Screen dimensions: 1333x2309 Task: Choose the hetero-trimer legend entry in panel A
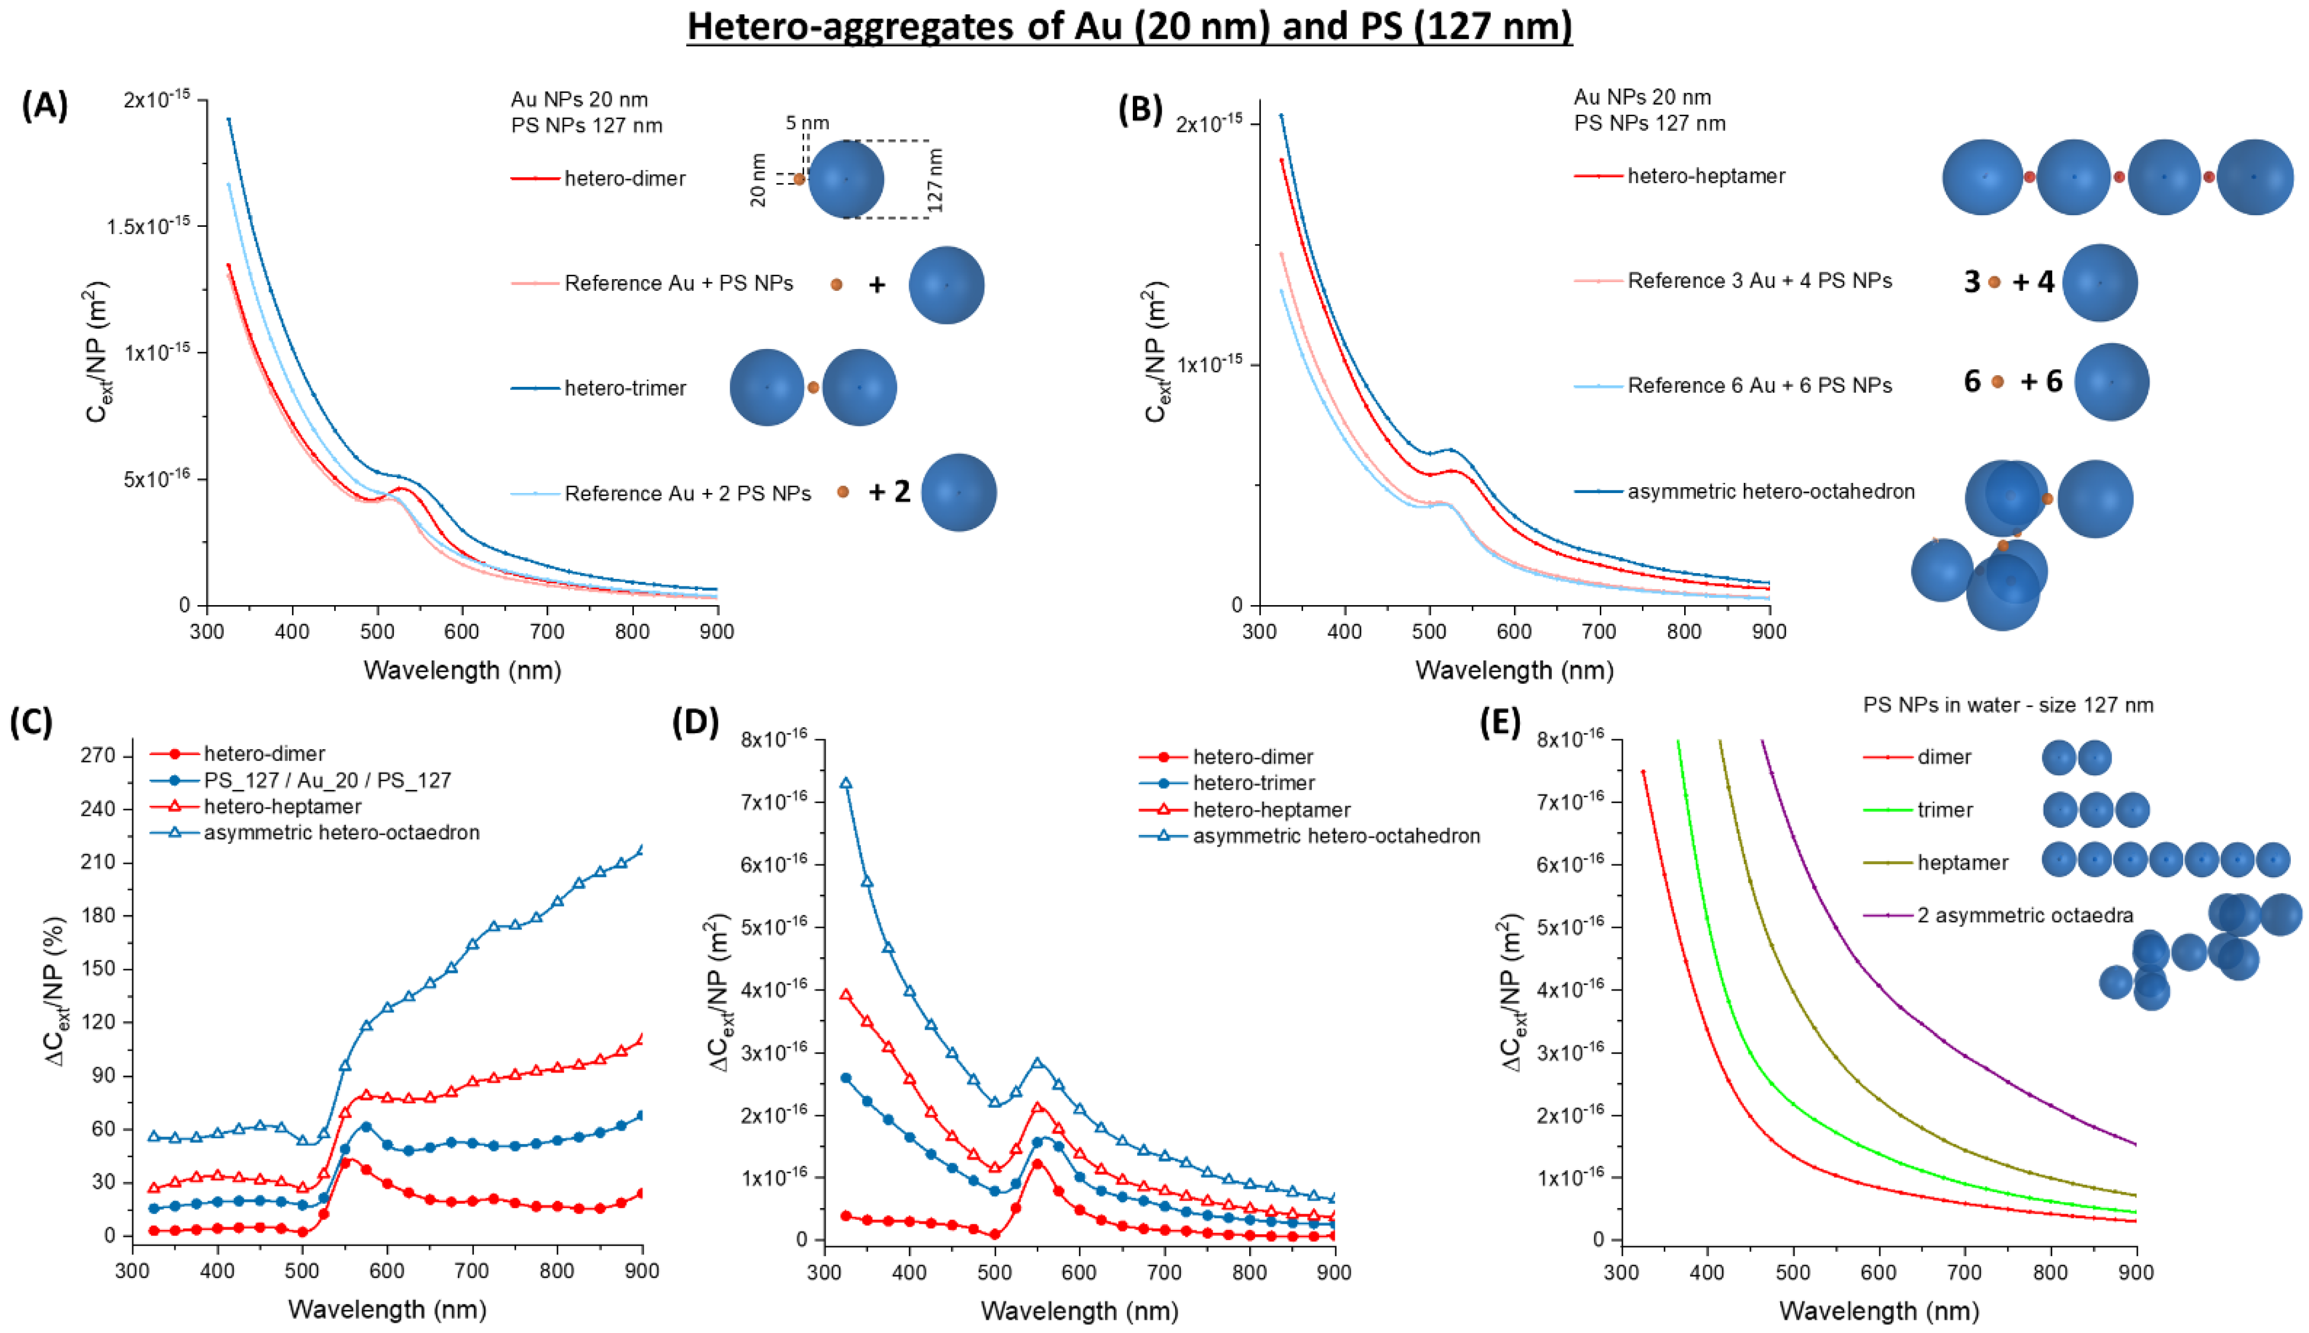(x=624, y=388)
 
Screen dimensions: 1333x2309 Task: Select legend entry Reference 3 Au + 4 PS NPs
(x=1759, y=281)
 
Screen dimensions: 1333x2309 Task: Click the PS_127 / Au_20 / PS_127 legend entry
(x=327, y=780)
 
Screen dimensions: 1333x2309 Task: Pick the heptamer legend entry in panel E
(x=1963, y=862)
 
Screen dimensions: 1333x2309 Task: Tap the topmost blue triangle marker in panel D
(x=846, y=784)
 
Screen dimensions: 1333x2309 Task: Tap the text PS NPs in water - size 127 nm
(x=2008, y=705)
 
